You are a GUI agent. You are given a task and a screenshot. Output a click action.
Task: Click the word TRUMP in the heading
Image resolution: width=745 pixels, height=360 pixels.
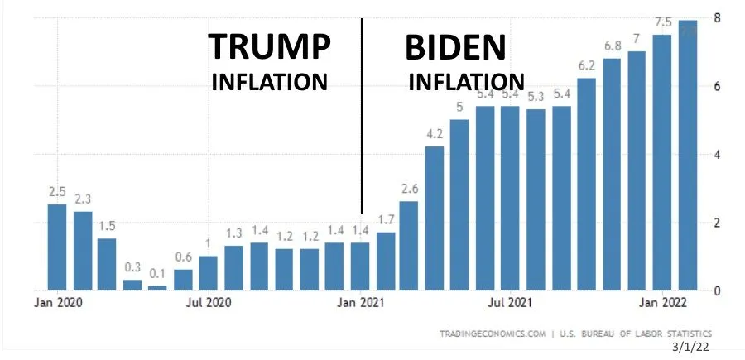(269, 47)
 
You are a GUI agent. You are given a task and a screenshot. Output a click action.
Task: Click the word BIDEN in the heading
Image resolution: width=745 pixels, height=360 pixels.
(454, 47)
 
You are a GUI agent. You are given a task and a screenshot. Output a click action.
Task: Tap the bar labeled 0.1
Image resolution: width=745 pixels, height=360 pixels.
(157, 287)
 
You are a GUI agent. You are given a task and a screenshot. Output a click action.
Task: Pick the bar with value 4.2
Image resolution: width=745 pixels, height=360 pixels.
(435, 218)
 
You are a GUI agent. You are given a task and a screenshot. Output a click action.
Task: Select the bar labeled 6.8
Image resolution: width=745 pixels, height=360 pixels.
(612, 174)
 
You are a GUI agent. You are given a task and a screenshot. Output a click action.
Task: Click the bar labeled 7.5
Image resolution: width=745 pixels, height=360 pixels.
(662, 162)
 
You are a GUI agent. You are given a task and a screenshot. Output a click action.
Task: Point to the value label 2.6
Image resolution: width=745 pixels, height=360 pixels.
(409, 189)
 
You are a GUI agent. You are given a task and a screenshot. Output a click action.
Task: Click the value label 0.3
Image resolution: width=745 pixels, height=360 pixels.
(132, 267)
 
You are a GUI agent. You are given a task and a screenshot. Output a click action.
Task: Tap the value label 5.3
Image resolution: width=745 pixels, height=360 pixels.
(536, 96)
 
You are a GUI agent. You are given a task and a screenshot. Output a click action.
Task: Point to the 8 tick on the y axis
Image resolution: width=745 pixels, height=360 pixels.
(717, 17)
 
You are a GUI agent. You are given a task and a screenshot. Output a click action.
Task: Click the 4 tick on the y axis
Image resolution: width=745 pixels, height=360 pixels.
(717, 155)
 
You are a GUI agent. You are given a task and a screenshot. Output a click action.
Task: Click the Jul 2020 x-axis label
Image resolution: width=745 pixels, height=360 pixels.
(209, 303)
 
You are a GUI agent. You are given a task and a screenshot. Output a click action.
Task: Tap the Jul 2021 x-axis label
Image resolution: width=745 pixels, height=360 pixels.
(510, 303)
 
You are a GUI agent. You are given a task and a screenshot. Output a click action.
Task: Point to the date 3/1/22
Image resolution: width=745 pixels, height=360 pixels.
(695, 348)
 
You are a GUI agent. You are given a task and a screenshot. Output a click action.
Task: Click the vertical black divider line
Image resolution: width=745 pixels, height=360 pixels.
(362, 116)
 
